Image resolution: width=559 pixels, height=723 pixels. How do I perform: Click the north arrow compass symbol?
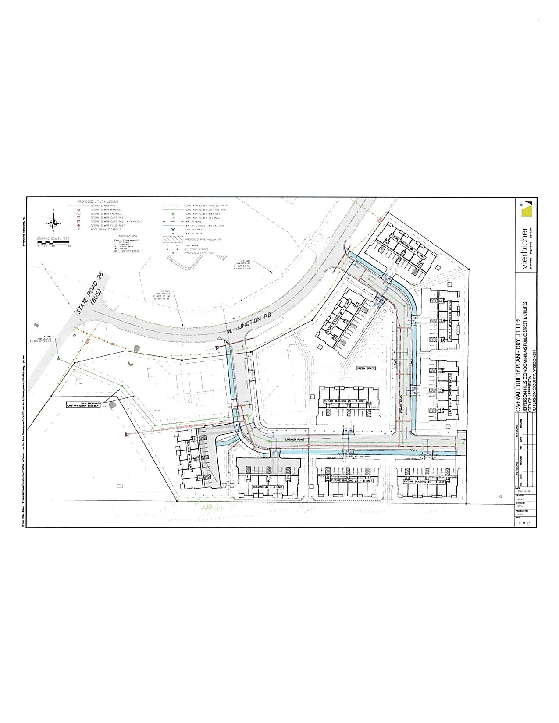53,222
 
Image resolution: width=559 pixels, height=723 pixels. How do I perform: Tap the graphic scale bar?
53,242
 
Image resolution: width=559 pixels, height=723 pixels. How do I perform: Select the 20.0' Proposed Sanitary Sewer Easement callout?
83,404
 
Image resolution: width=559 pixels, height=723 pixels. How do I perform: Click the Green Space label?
366,369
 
